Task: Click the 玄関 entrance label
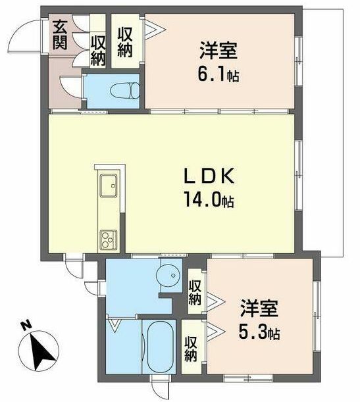pyautogui.click(x=60, y=36)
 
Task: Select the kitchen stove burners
pyautogui.click(x=107, y=238)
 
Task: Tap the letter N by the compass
pyautogui.click(x=24, y=324)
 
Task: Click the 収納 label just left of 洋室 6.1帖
pyautogui.click(x=126, y=41)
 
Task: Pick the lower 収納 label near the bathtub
pyautogui.click(x=191, y=349)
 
